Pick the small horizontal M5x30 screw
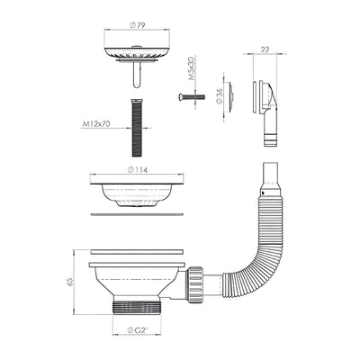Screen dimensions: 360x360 (x=196, y=94)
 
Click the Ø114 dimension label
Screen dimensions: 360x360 (x=136, y=169)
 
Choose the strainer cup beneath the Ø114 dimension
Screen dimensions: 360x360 (x=136, y=191)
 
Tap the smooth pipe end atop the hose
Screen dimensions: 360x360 (x=266, y=173)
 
